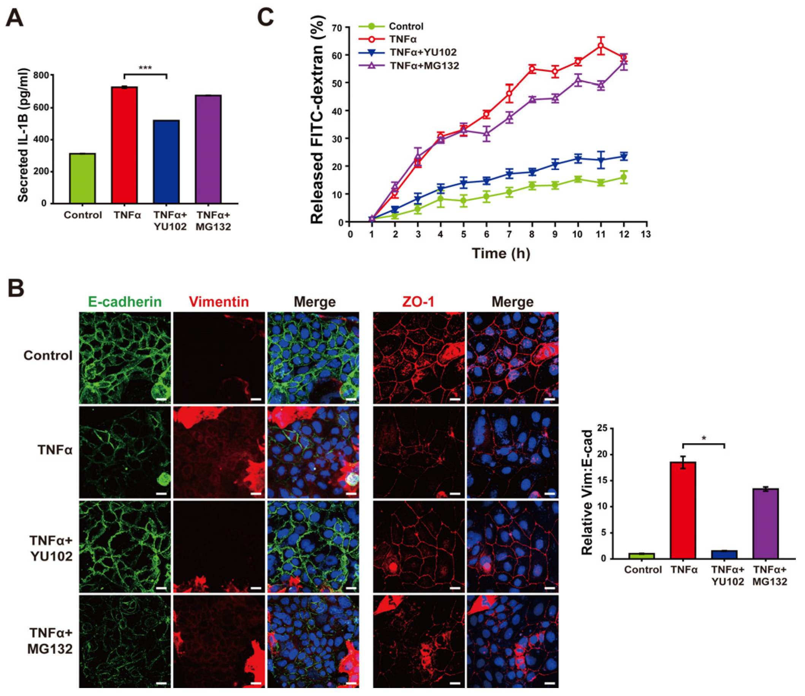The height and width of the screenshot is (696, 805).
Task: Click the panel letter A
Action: (x=15, y=18)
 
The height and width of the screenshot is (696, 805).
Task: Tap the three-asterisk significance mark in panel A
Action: (x=145, y=68)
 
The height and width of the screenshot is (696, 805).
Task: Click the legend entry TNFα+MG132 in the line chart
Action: (x=424, y=66)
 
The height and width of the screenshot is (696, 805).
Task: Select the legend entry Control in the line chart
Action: (x=406, y=27)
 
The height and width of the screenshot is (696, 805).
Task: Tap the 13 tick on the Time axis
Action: (x=647, y=234)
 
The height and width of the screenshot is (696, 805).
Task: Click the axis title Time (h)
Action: (x=501, y=253)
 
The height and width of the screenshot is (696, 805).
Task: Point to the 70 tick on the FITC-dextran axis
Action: (x=339, y=28)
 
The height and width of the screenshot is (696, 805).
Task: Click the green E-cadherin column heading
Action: (x=125, y=302)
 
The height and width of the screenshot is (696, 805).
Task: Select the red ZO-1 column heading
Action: (x=418, y=302)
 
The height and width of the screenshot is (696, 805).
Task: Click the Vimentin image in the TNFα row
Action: (x=219, y=452)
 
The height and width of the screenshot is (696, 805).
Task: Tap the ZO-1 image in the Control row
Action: (x=418, y=358)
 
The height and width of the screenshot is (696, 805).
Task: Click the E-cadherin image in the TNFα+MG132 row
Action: (x=125, y=641)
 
